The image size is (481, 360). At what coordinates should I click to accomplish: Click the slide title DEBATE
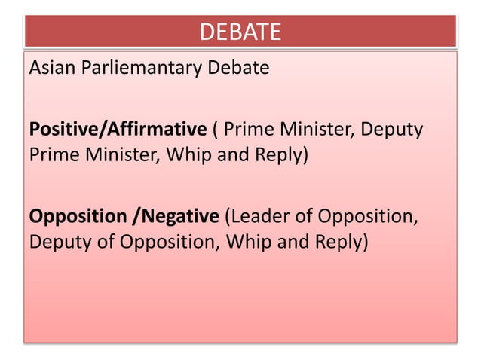[x=240, y=32]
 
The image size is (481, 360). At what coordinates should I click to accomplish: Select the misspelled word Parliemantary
[x=142, y=69]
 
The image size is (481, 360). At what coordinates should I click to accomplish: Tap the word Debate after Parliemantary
[x=240, y=69]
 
